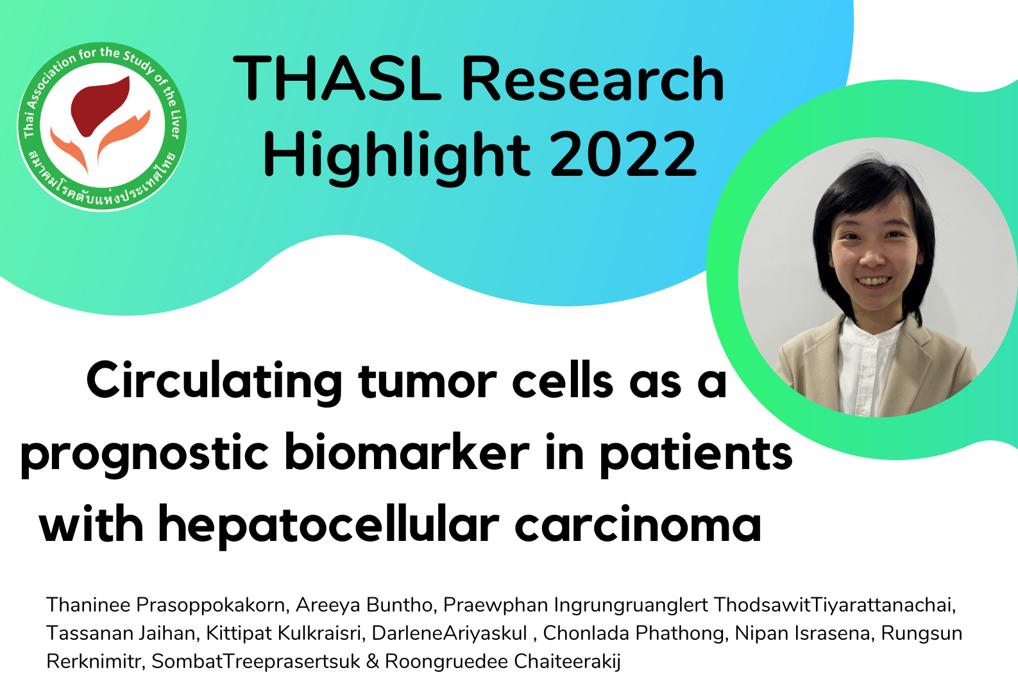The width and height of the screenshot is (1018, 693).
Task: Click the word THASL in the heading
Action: (337, 78)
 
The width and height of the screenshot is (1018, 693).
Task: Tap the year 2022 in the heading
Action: (623, 153)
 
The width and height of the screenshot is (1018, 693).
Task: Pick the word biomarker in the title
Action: (407, 452)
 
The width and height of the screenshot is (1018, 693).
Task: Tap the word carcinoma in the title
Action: (638, 526)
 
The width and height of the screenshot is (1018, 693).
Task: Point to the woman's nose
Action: (872, 257)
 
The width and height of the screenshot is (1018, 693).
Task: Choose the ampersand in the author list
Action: (372, 662)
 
